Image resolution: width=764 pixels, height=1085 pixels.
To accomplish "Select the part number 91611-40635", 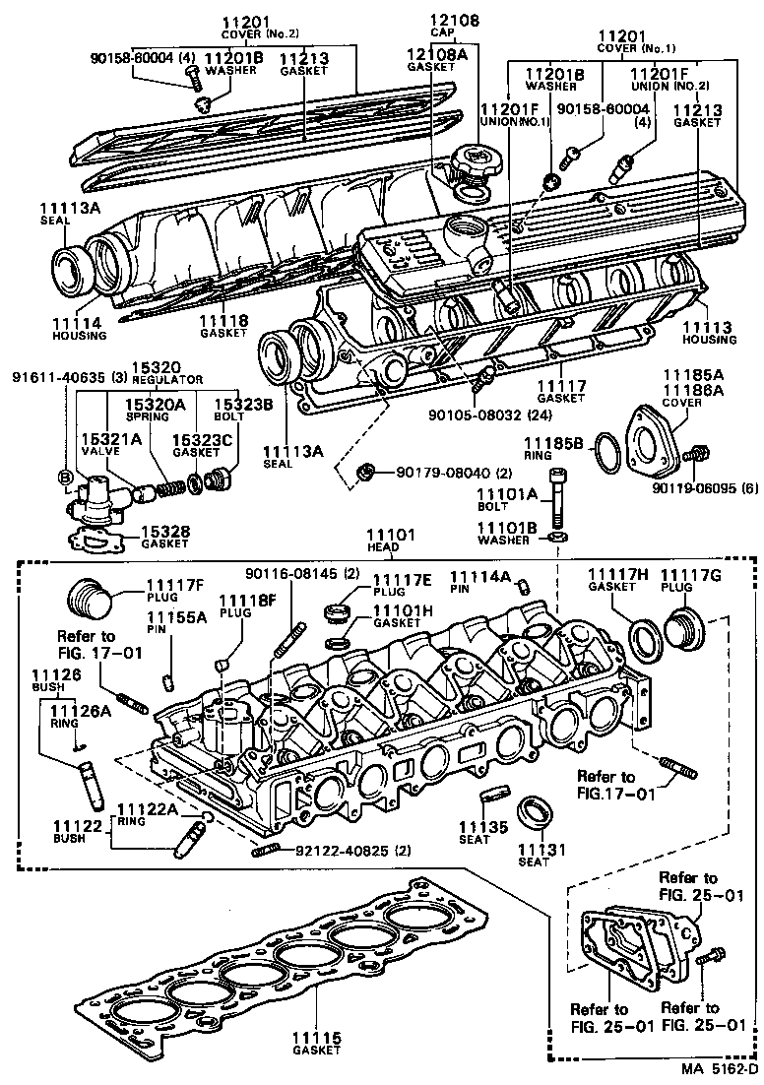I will pyautogui.click(x=55, y=376).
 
